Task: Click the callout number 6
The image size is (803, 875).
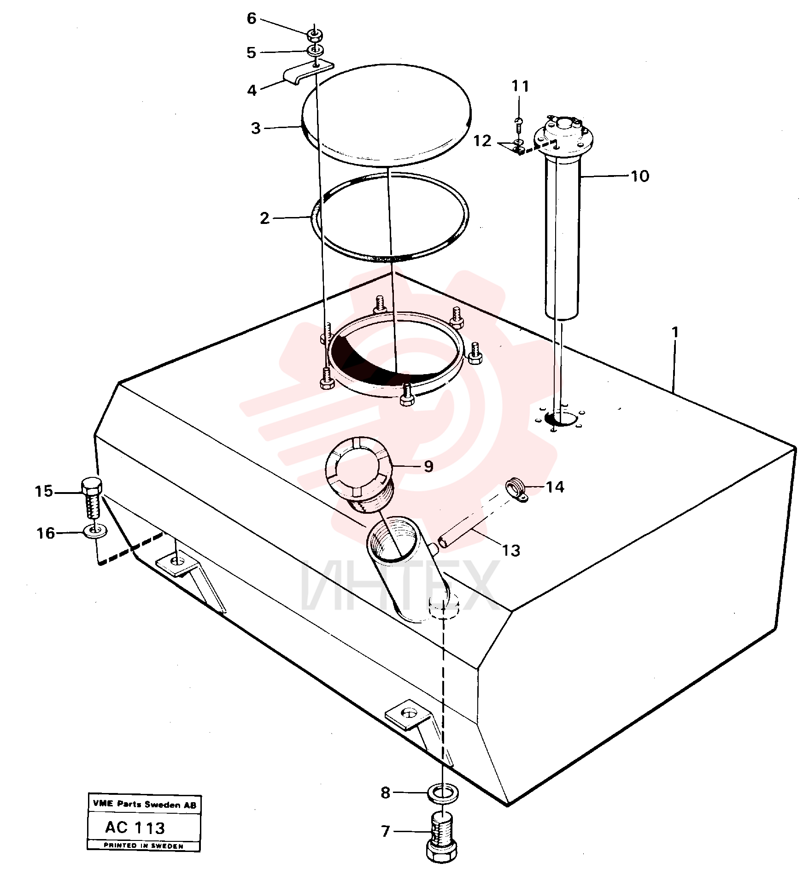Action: coord(252,18)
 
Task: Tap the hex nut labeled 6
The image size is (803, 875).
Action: coord(315,34)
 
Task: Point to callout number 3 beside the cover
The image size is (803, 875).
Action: coord(256,128)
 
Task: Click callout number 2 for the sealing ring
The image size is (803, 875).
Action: coord(264,218)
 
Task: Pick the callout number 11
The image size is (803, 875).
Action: coord(521,86)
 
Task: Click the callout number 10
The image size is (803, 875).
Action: coord(640,176)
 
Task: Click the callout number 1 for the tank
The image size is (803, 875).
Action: coord(675,332)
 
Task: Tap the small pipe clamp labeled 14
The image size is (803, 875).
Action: coord(516,490)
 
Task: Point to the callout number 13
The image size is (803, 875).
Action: coord(511,550)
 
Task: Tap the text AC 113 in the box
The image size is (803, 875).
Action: coord(135,828)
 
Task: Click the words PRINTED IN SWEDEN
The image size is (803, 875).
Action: coord(144,846)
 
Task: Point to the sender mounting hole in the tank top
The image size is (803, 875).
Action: coord(561,418)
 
